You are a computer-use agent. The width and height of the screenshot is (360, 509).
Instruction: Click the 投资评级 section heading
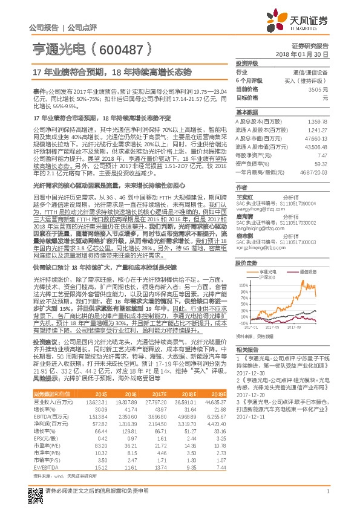[x=247, y=62]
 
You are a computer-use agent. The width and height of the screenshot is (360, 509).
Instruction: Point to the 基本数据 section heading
[x=247, y=112]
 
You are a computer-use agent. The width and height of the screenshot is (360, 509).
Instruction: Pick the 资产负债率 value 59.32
[x=321, y=163]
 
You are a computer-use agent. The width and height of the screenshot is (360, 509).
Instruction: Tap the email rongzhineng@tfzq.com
[x=258, y=247]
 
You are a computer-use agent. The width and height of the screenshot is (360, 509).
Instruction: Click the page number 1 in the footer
[x=327, y=497]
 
